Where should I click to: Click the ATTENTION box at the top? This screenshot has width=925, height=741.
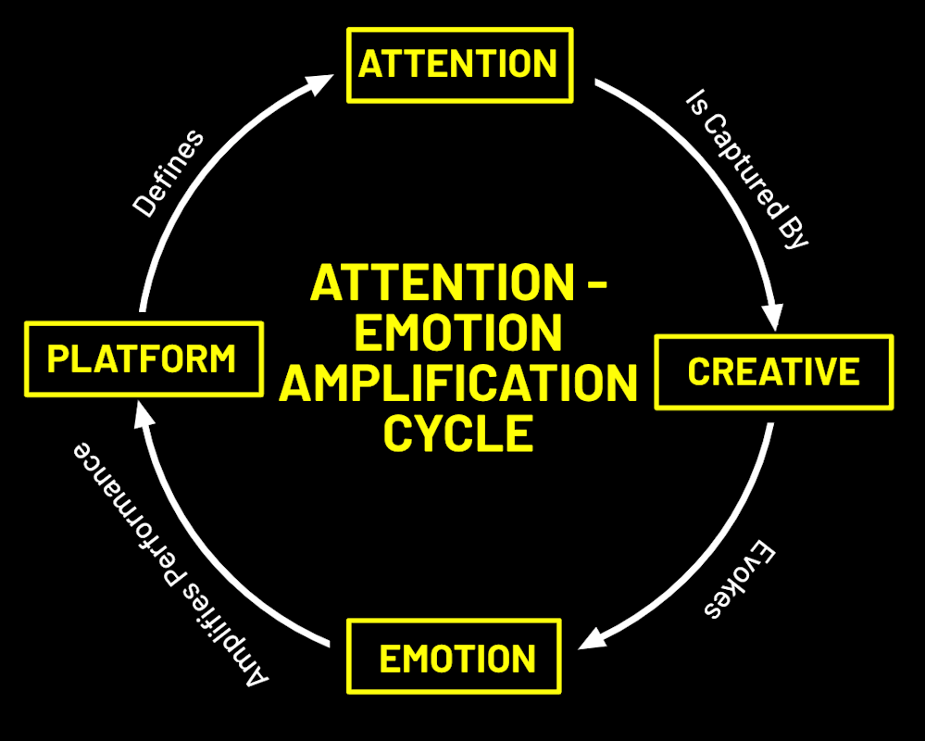(459, 65)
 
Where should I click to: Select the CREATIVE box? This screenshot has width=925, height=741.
(773, 371)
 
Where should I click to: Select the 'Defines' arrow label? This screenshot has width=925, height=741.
(168, 174)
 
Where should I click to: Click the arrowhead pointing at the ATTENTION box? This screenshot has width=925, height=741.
(319, 84)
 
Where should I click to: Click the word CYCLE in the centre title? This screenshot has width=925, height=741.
(458, 433)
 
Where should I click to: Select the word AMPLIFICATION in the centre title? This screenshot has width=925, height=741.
(458, 383)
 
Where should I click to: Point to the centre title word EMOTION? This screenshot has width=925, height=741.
(458, 333)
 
